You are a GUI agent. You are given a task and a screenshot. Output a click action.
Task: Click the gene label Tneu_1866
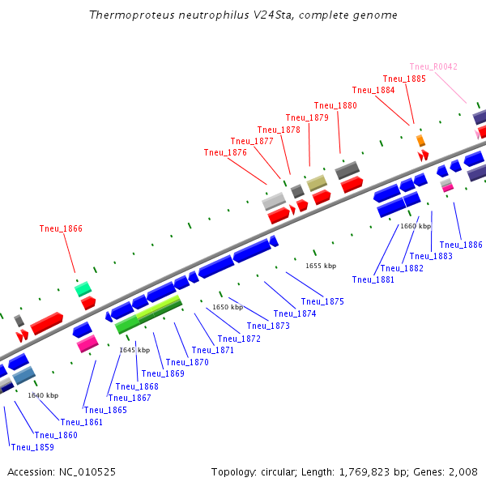pos(61,228)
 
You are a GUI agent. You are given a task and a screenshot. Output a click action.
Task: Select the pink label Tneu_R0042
pos(433,66)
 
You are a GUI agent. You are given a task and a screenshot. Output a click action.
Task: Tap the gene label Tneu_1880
pos(335,105)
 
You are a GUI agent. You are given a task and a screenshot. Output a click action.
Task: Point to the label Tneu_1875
pos(322,301)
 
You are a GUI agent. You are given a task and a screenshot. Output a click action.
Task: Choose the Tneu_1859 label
pos(32,447)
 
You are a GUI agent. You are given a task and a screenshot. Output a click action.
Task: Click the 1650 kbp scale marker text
pos(228,307)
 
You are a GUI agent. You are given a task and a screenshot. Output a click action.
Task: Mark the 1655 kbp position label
pos(321,266)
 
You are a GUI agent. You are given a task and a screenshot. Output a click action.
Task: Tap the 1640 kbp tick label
pos(43,395)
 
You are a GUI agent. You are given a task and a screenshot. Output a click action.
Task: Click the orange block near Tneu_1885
pos(420,140)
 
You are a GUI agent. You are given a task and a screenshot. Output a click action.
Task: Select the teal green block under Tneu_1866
pos(83,289)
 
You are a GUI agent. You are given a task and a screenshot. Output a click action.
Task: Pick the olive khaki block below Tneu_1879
pos(317,183)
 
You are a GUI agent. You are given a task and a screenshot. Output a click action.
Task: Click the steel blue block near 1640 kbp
pos(23,375)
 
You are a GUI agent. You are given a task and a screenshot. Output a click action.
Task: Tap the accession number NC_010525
pos(87,472)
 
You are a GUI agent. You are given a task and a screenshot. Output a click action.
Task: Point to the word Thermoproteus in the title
pos(132,15)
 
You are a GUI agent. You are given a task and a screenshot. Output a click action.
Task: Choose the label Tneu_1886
pos(461,245)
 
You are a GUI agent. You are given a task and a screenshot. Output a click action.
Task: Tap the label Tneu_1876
pos(225,152)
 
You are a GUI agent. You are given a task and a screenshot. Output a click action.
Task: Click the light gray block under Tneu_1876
pos(274,202)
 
